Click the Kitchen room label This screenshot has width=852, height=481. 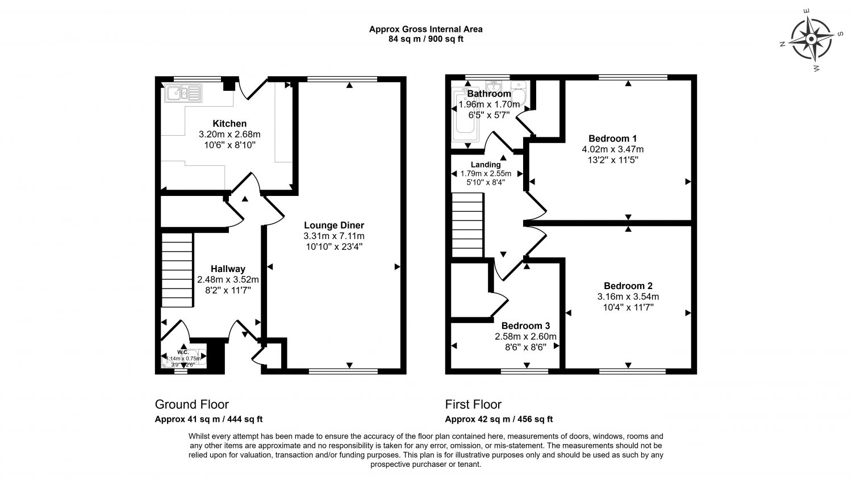click(x=229, y=123)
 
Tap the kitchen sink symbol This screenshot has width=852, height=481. click(x=183, y=93)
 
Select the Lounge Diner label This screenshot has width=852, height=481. click(x=333, y=225)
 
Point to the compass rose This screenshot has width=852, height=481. click(x=811, y=39)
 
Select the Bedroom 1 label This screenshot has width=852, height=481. click(x=612, y=139)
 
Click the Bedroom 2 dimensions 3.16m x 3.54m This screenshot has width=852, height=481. click(x=628, y=296)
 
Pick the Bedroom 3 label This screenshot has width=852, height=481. click(x=525, y=326)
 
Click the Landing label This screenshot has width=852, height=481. click(x=486, y=165)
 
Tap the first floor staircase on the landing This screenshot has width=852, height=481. click(x=467, y=225)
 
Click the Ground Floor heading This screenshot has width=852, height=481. click(x=192, y=404)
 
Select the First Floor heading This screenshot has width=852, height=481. click(x=473, y=404)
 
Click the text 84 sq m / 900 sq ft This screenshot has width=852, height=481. click(x=426, y=39)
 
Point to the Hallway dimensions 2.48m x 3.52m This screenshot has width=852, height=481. click(x=228, y=279)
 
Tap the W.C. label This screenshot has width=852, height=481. click(x=183, y=352)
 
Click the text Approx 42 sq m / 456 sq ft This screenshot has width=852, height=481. click(x=499, y=420)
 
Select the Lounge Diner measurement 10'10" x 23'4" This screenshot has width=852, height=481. click(x=333, y=246)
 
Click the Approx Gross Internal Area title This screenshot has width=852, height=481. click(x=426, y=29)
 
